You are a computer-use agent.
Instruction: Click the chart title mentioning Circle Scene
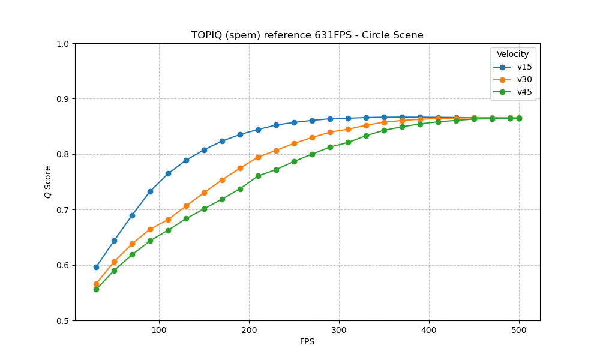click(x=307, y=35)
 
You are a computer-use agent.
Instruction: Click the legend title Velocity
click(x=512, y=55)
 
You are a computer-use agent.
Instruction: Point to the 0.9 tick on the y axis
click(x=62, y=99)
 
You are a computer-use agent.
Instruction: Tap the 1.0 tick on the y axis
click(x=62, y=44)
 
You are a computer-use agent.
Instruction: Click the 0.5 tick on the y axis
click(x=62, y=321)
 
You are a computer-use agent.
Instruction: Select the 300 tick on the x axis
click(x=339, y=329)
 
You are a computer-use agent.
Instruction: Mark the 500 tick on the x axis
click(x=519, y=329)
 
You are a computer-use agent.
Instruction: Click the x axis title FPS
click(x=307, y=342)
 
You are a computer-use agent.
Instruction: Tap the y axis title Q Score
click(x=47, y=182)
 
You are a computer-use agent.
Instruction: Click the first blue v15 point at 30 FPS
click(x=96, y=267)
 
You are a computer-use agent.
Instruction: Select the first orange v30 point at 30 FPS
click(x=96, y=284)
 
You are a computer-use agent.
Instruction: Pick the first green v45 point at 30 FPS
click(x=96, y=289)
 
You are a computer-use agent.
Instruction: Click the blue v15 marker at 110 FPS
click(x=168, y=173)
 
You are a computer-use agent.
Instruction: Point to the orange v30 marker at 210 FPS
click(x=258, y=157)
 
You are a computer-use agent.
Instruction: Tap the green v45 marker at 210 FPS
click(x=258, y=176)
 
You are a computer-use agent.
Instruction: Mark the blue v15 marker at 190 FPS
click(x=240, y=134)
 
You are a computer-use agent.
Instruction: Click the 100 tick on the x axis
click(x=159, y=329)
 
